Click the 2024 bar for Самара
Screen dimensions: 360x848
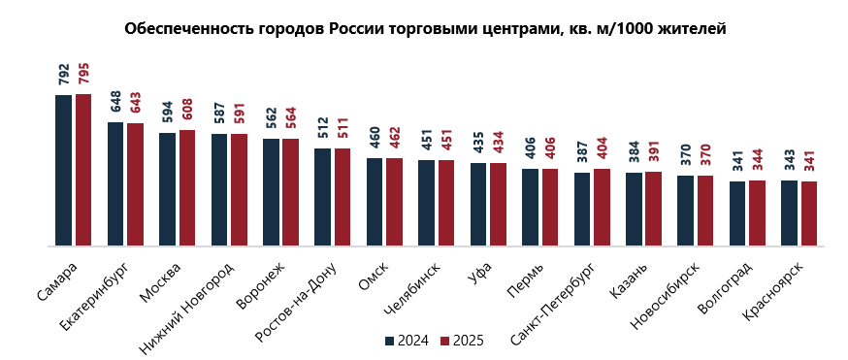coord(63,171)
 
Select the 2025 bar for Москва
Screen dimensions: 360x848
coord(187,188)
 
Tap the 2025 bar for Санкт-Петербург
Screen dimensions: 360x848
coord(602,208)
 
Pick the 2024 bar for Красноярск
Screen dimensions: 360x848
coord(789,213)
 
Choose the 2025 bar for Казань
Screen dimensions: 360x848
coord(654,210)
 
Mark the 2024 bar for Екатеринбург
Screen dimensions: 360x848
coord(115,184)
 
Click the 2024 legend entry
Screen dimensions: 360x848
coord(406,341)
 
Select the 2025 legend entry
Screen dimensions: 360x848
coord(461,341)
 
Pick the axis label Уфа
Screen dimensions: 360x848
coord(478,271)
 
